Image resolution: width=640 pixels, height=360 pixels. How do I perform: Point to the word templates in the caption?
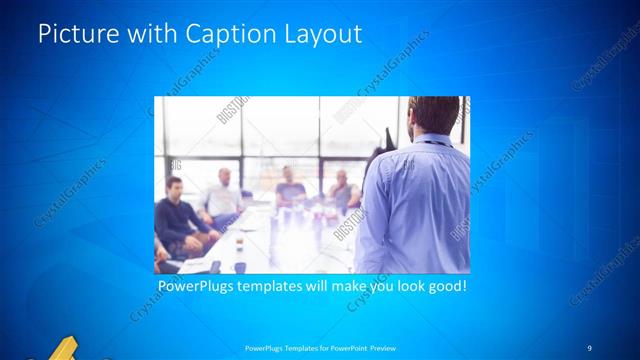pyautogui.click(x=284, y=286)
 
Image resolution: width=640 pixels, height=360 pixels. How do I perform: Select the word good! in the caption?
pyautogui.click(x=445, y=286)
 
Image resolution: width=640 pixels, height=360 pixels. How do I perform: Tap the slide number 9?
pyautogui.click(x=589, y=346)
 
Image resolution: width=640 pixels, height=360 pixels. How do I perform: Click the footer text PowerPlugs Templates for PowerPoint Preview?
pyautogui.click(x=319, y=347)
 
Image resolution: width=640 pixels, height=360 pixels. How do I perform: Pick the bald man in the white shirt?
pyautogui.click(x=224, y=196)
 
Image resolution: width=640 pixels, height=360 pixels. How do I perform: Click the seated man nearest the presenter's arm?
pyautogui.click(x=343, y=190)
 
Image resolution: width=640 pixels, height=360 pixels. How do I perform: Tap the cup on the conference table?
pyautogui.click(x=239, y=245)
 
